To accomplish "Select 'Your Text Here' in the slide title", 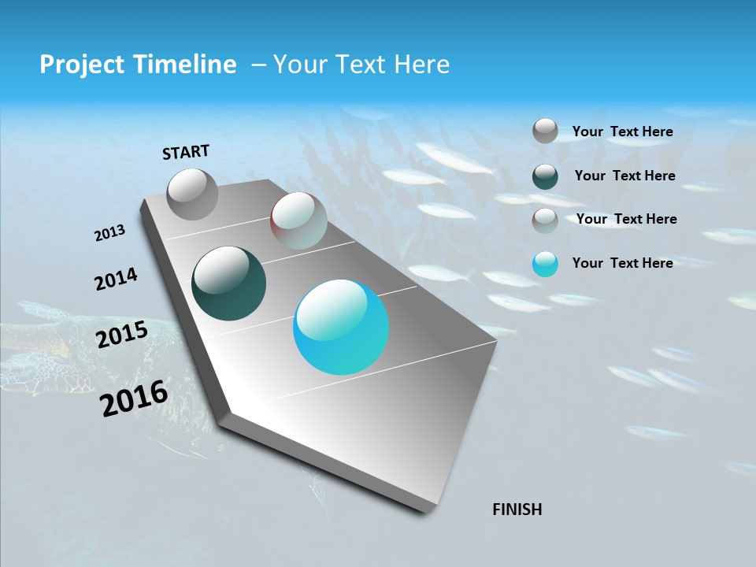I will [361, 65].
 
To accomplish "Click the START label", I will [186, 152].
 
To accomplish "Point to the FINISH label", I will [517, 510].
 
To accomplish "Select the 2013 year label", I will [109, 233].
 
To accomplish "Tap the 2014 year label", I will [116, 280].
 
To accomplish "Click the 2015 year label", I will [121, 335].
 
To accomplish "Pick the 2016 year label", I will [134, 398].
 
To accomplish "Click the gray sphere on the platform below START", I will [192, 194].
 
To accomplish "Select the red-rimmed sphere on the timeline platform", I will [298, 220].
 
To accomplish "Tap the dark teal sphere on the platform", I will [228, 283].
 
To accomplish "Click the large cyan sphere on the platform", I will [341, 327].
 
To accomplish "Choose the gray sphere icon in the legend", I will [545, 131].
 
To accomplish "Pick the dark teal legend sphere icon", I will [545, 176].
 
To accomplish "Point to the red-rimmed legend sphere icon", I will [545, 220].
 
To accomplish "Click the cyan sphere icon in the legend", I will [545, 264].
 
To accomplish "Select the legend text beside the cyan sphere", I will [622, 263].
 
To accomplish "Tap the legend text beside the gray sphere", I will [622, 132].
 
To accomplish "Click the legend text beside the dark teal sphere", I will [624, 176].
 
